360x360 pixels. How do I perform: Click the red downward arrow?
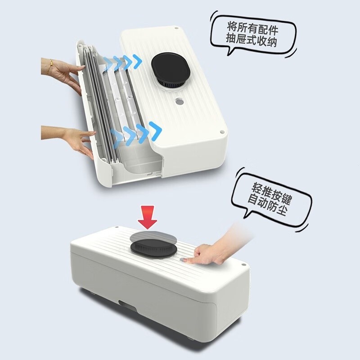click(x=148, y=217)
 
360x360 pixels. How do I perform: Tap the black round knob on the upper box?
click(x=171, y=70)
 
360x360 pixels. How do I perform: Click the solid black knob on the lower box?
click(x=153, y=249)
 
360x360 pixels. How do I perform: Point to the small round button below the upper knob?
click(x=179, y=101)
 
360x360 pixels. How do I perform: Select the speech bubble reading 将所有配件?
click(x=253, y=36)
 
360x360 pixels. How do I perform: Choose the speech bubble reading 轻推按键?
click(x=271, y=199)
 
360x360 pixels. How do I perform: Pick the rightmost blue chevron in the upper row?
click(x=137, y=62)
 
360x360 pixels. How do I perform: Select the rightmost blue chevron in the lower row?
click(x=155, y=131)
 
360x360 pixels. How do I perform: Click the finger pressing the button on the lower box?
click(x=191, y=260)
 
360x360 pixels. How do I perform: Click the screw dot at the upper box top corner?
click(x=176, y=28)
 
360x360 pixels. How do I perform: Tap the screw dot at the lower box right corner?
click(x=243, y=265)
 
